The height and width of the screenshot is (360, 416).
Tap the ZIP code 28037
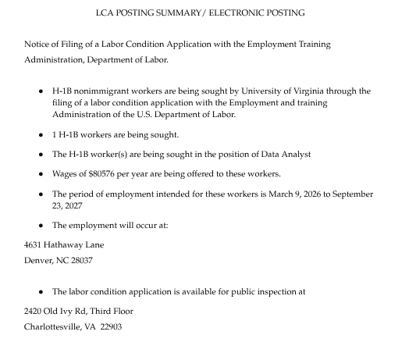tap(80, 261)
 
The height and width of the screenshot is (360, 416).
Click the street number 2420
tap(34, 312)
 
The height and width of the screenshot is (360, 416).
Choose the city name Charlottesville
tap(52, 327)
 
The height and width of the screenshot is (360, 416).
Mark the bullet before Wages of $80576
tap(41, 174)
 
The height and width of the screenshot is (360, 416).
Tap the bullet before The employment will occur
tap(41, 226)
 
